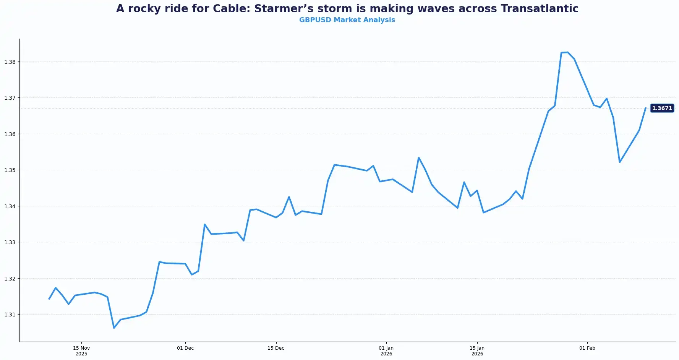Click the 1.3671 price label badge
(x=662, y=108)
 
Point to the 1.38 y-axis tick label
(x=10, y=62)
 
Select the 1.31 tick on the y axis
(x=10, y=315)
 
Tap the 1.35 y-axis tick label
(x=10, y=170)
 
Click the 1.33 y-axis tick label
(x=10, y=242)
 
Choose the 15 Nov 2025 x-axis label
(x=81, y=351)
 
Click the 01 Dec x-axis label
(x=185, y=348)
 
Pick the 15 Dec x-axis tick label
(x=276, y=348)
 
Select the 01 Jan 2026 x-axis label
(x=386, y=351)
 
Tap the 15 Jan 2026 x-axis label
(x=477, y=351)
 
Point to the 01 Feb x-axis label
(x=587, y=348)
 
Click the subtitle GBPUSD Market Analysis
(x=347, y=20)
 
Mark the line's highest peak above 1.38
(x=567, y=52)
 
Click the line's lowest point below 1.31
(x=114, y=328)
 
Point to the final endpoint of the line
(x=645, y=108)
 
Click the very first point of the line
(x=49, y=299)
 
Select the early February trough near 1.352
(x=619, y=162)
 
